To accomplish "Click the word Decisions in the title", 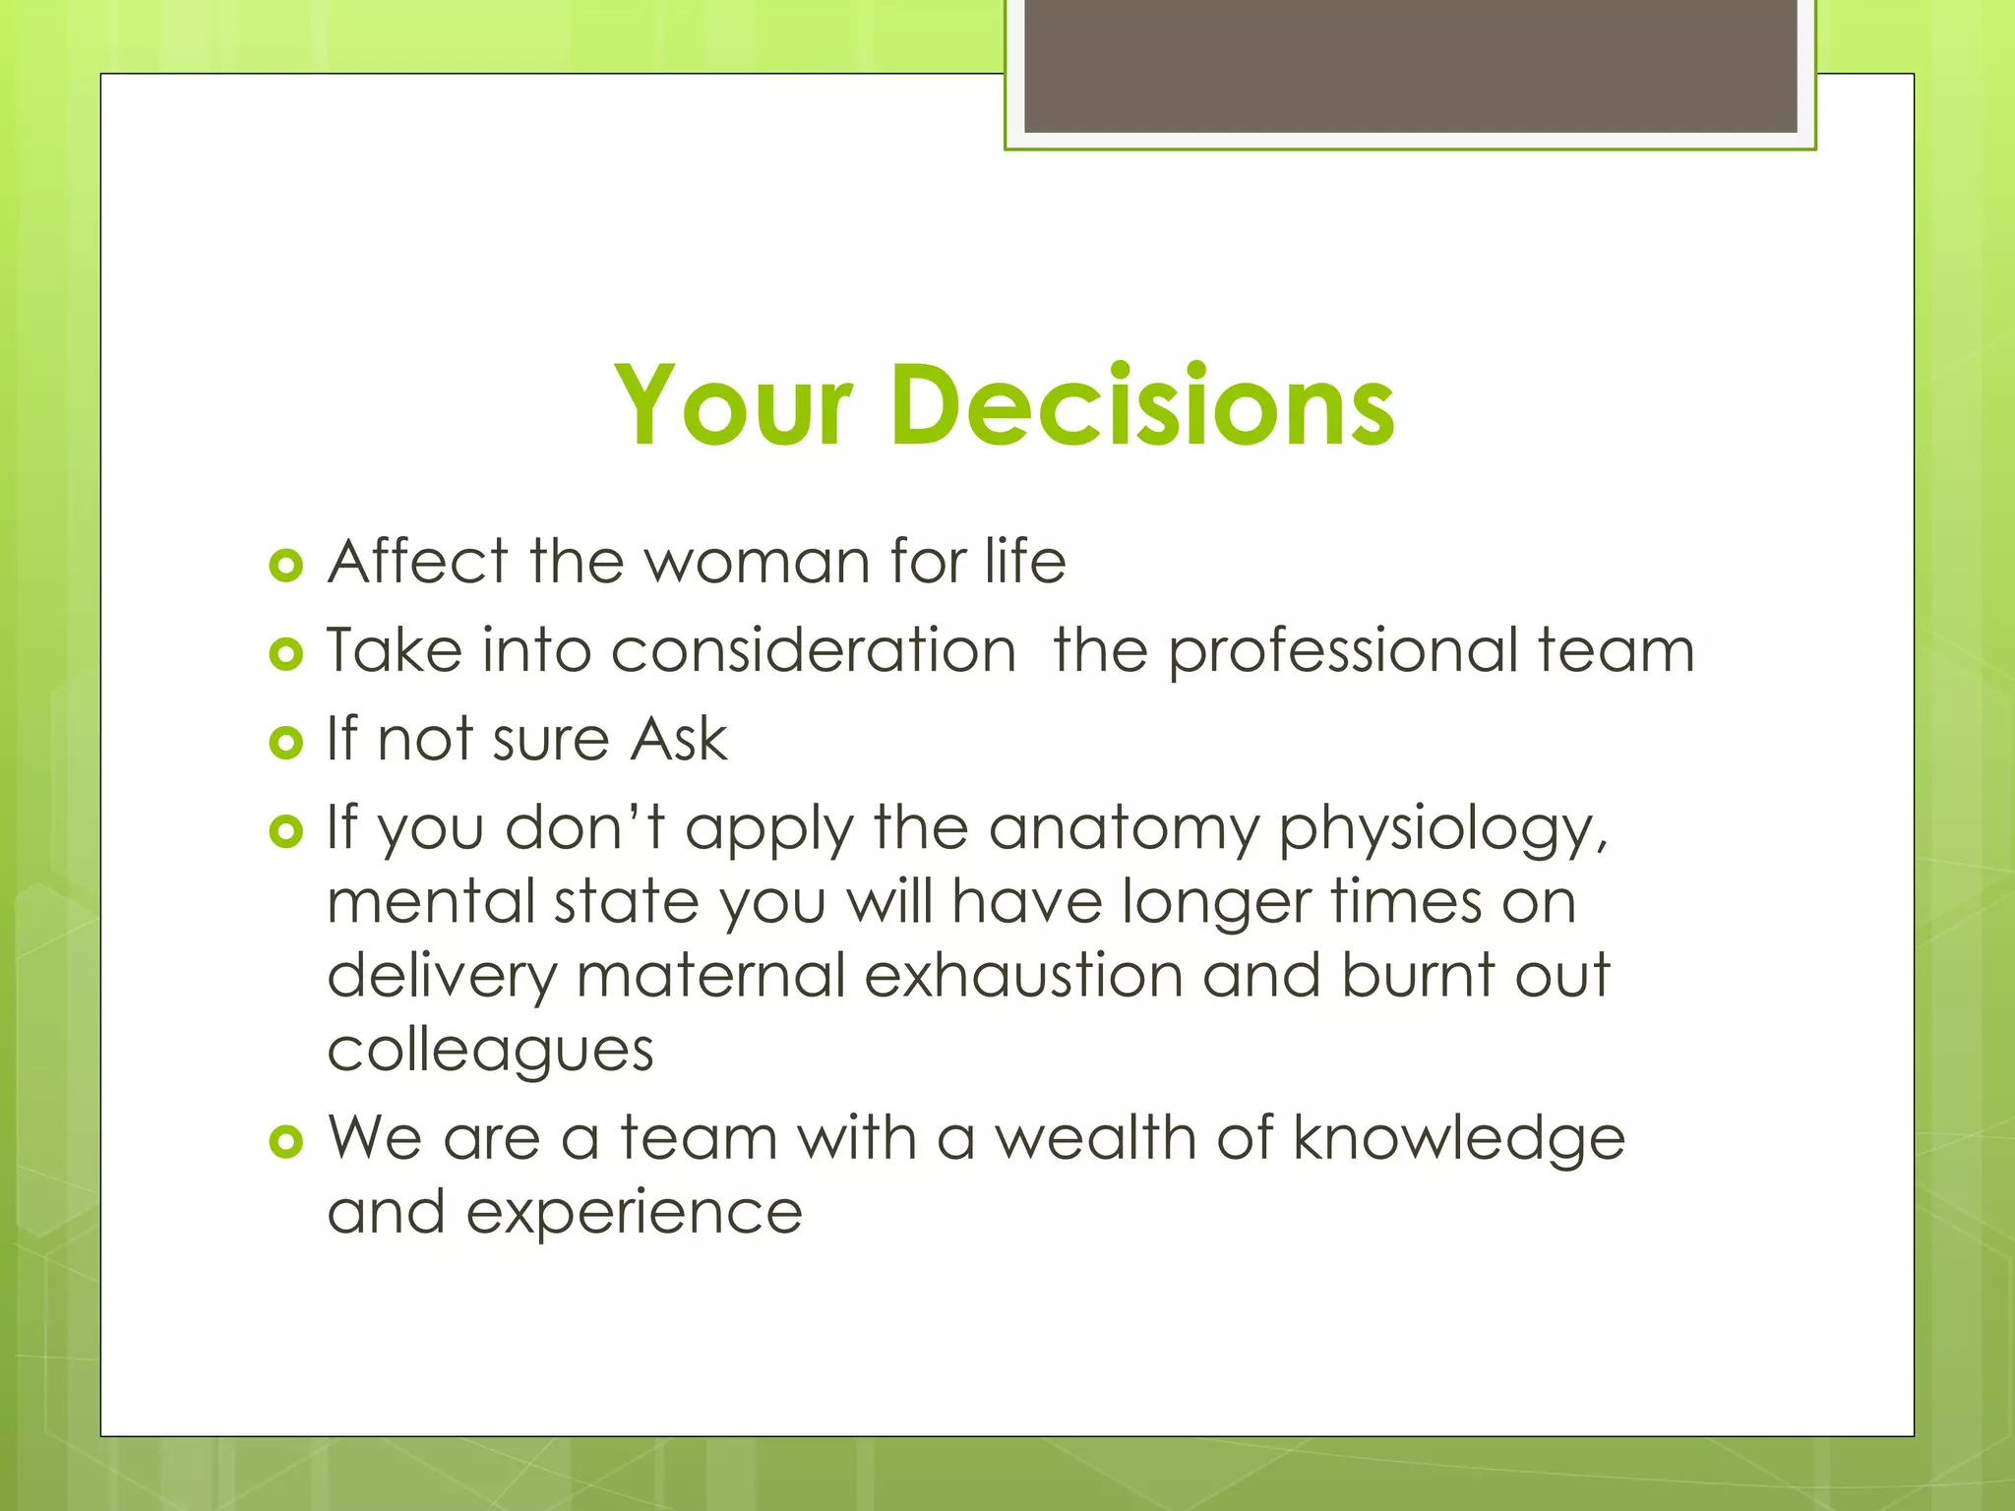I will pyautogui.click(x=1142, y=405).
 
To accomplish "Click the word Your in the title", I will pyautogui.click(x=732, y=405).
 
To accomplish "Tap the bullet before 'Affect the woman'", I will pyautogui.click(x=285, y=566).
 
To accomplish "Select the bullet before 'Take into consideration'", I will pyautogui.click(x=285, y=654).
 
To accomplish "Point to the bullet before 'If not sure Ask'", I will pyautogui.click(x=285, y=743).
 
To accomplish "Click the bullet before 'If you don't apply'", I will pyautogui.click(x=285, y=832).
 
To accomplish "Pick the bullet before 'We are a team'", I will pyautogui.click(x=285, y=1141).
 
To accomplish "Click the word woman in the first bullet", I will pyautogui.click(x=757, y=563).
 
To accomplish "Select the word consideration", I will pyautogui.click(x=813, y=650).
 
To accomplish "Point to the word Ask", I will pyautogui.click(x=679, y=739).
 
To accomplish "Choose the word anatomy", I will pyautogui.click(x=1124, y=829).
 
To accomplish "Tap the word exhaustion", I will pyautogui.click(x=1023, y=976).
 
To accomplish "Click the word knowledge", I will pyautogui.click(x=1458, y=1140).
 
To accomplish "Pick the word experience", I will pyautogui.click(x=634, y=1214).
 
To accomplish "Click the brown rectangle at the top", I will pyautogui.click(x=1410, y=65).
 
